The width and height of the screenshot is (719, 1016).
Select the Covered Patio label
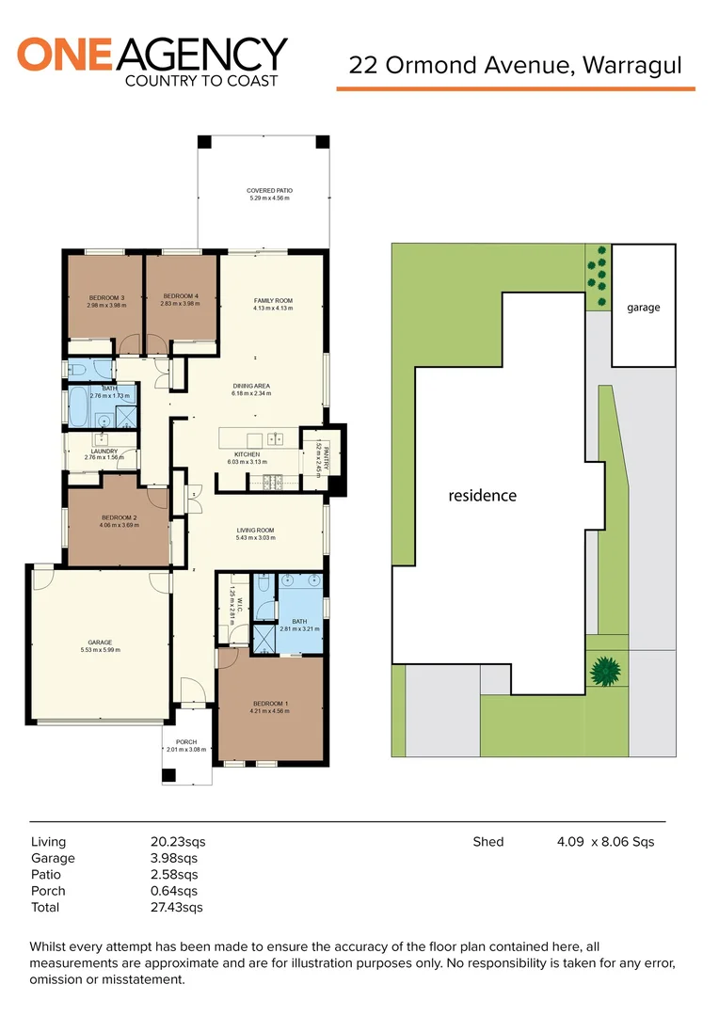[270, 194]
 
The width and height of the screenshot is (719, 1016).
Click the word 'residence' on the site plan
[482, 495]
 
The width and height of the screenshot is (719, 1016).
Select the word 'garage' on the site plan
[644, 308]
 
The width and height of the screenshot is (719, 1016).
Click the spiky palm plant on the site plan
[605, 671]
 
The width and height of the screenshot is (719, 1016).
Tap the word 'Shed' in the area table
[487, 842]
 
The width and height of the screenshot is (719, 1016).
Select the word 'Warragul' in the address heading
[632, 65]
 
